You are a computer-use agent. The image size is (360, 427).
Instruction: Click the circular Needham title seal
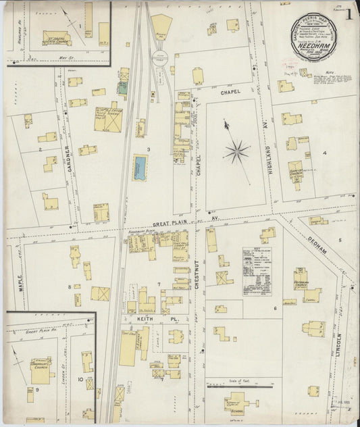tap(313, 34)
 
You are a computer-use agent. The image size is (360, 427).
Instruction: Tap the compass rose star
tap(236, 151)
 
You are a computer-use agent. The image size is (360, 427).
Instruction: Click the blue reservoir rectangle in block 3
tap(140, 168)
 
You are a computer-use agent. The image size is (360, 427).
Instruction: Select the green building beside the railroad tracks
tap(122, 88)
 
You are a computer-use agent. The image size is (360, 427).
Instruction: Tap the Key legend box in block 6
tap(257, 270)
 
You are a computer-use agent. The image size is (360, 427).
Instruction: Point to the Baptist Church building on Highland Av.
tap(295, 172)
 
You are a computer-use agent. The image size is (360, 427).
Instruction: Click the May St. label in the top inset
tap(65, 57)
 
